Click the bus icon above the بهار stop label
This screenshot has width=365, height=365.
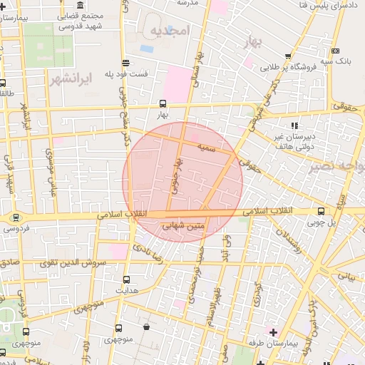tap(163, 103)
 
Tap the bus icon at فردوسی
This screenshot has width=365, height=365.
tap(16, 217)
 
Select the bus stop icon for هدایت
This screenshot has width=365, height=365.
tap(127, 279)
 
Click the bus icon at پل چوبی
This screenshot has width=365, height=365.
tap(322, 211)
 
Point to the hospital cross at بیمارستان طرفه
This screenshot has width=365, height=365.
tap(273, 331)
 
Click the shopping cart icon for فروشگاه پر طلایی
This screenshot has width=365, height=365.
tap(288, 56)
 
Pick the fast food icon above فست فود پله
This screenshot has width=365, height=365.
tap(125, 62)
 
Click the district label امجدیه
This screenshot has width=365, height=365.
tap(168, 32)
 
